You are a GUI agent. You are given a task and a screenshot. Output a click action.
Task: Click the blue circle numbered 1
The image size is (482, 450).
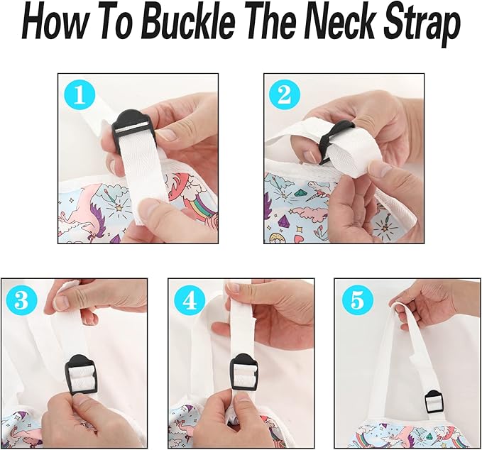[x=80, y=95]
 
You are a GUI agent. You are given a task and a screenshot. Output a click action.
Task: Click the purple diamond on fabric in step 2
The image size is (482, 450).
[x=284, y=221]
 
